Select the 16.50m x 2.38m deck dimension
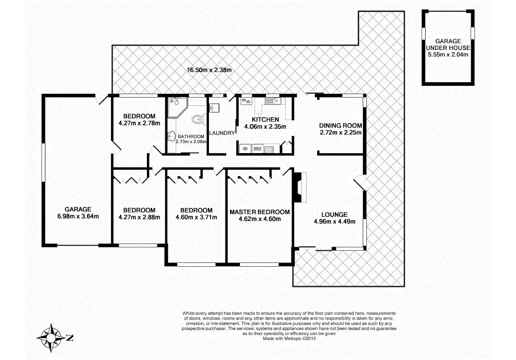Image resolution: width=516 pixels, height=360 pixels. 208,70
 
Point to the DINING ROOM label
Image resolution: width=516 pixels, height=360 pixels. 341,125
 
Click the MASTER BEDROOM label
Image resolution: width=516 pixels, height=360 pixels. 259,212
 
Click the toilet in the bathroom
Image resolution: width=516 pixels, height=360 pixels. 200,118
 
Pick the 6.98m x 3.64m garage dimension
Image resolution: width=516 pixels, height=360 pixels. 78,216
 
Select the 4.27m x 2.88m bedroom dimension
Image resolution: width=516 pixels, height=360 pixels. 139,217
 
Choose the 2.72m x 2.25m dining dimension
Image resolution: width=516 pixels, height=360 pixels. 341,133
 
